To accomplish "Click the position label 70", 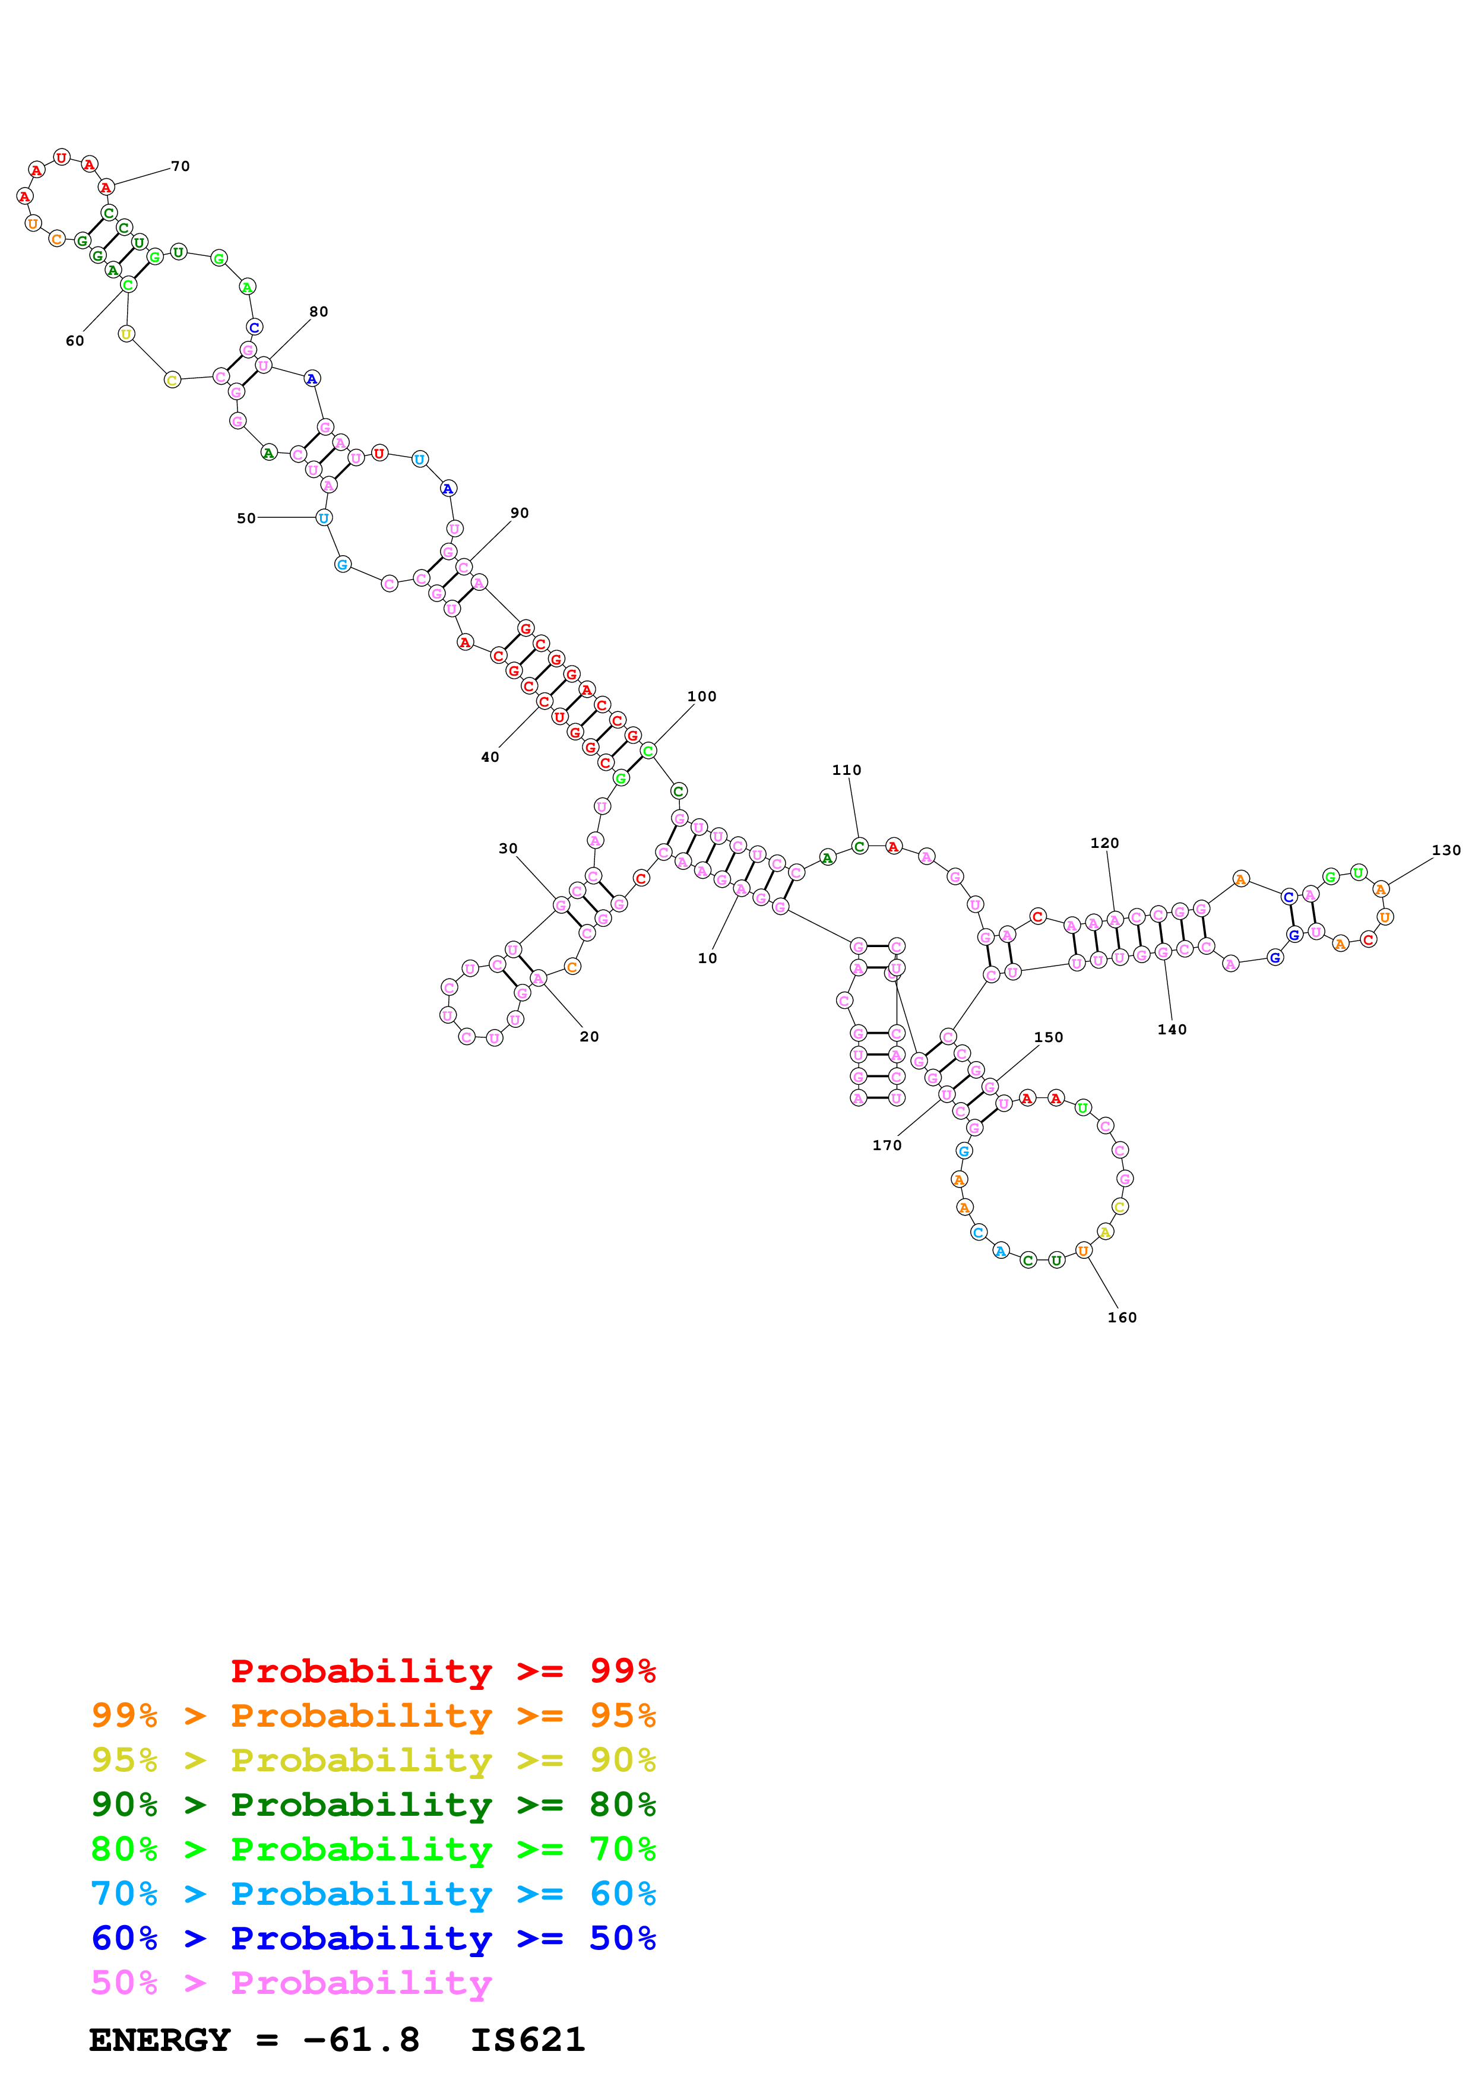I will (x=181, y=166).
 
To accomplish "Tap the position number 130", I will (x=1446, y=850).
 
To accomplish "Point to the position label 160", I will (x=1121, y=1317).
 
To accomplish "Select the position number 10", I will (x=707, y=958).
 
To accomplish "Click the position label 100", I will (x=701, y=697).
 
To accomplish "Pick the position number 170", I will (x=887, y=1145).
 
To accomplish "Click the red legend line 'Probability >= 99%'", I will (x=442, y=1670).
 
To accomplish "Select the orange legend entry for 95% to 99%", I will (x=373, y=1715).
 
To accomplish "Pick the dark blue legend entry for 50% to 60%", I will (x=373, y=1938).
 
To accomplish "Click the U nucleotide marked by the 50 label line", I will (x=324, y=518).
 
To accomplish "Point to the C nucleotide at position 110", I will (x=859, y=847).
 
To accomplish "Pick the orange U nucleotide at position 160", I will (x=1083, y=1251).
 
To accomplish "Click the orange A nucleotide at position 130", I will (x=1381, y=889).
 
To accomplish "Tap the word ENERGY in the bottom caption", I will (x=160, y=2040).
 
